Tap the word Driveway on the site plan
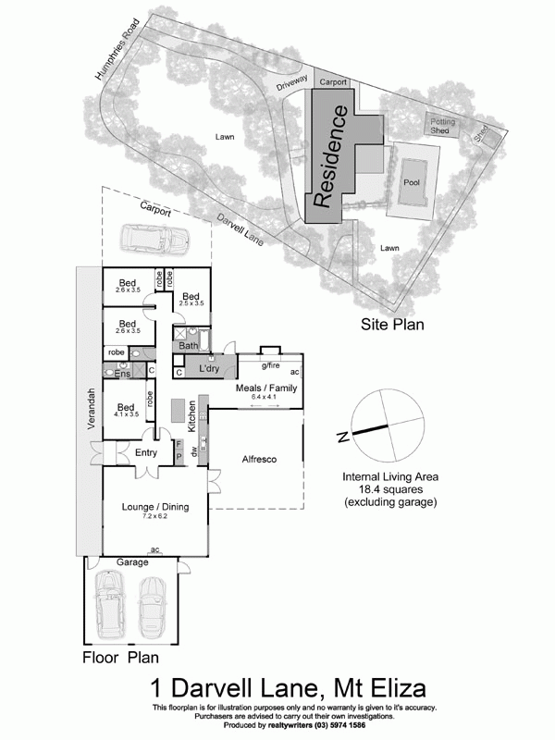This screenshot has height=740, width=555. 290,86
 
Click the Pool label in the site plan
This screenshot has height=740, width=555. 412,182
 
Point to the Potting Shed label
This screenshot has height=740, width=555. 440,126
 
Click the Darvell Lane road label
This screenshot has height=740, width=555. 240,228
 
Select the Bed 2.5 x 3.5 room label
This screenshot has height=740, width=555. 191,299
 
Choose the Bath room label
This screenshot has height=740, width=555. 188,346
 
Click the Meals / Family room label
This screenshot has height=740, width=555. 267,389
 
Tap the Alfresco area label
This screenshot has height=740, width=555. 260,459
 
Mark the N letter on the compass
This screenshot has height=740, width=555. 341,436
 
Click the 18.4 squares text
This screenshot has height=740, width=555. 389,489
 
